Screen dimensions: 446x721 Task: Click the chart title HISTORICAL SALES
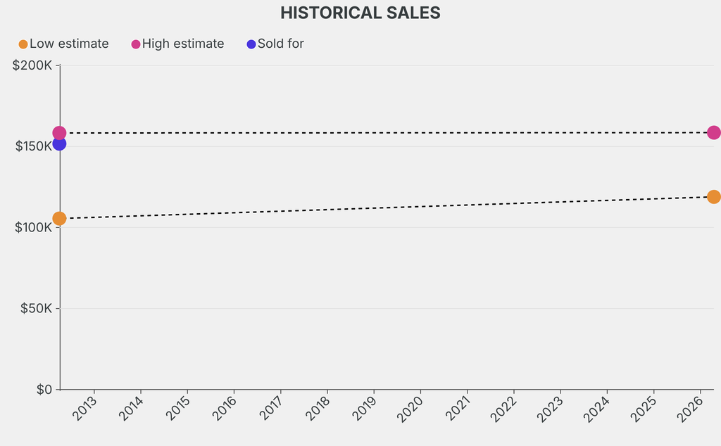[x=360, y=13]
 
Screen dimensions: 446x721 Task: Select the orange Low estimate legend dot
[x=23, y=44]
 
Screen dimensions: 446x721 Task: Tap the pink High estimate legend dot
[x=136, y=44]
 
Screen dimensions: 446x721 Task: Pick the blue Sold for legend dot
[x=251, y=44]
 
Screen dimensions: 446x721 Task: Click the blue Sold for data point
[x=59, y=144]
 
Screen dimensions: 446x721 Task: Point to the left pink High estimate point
[x=59, y=132]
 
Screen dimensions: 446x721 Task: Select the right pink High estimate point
[x=713, y=132]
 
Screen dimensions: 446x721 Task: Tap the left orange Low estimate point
[x=59, y=219]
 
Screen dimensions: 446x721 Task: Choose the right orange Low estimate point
[x=713, y=196]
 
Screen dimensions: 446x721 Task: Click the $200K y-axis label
[x=32, y=65]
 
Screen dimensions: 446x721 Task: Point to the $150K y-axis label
[x=32, y=146]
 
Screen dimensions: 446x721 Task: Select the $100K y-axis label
[x=32, y=227]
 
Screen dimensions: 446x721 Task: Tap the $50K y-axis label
[x=35, y=308]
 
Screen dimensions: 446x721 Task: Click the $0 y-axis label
[x=44, y=390]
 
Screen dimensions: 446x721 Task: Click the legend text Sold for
[x=280, y=44]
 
